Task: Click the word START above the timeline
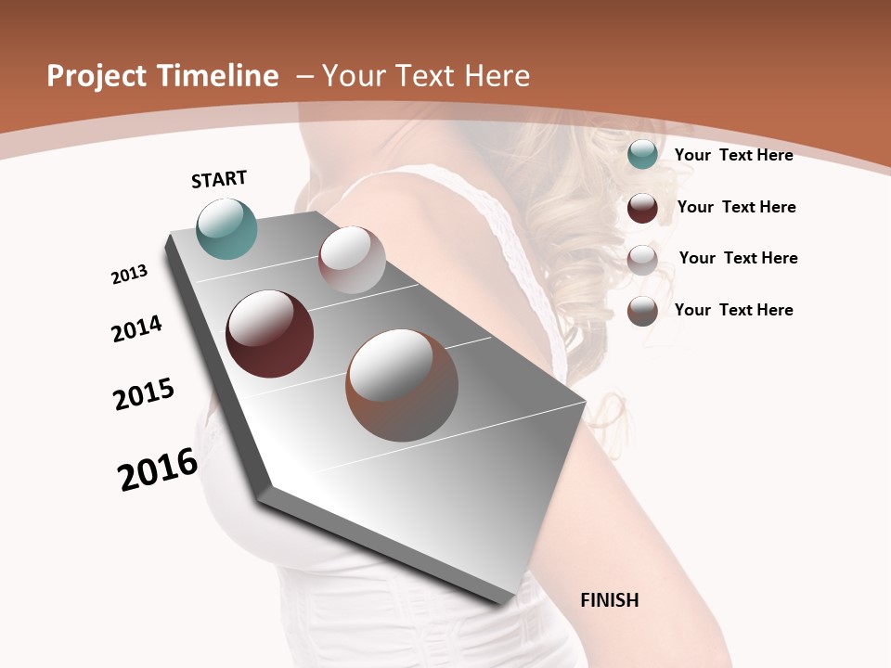point(219,179)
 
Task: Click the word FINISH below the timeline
point(610,600)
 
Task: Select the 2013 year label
point(129,275)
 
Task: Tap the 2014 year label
point(136,328)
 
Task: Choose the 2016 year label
point(158,469)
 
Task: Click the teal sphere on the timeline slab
point(227,228)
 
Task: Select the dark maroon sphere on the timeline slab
point(270,334)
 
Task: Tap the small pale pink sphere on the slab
point(352,260)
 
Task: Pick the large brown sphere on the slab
point(402,385)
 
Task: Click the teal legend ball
point(642,155)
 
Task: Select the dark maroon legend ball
point(642,208)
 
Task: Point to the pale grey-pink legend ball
point(642,260)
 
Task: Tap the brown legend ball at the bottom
point(642,311)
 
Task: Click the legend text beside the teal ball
point(733,155)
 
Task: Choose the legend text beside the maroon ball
point(736,207)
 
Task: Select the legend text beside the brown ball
point(733,310)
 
